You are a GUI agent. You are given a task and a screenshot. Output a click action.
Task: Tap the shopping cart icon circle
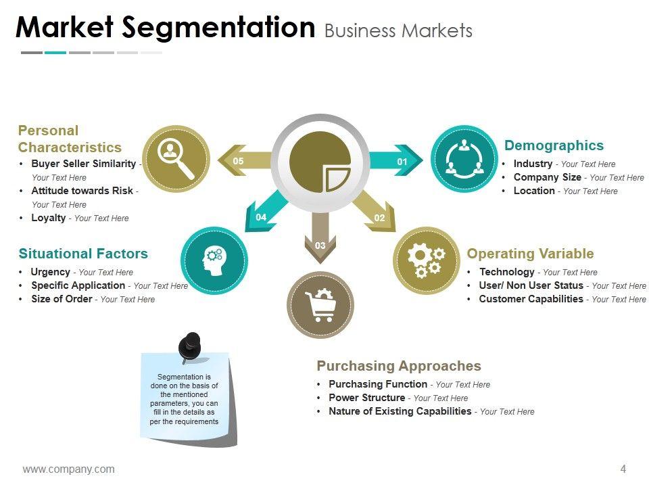click(x=320, y=304)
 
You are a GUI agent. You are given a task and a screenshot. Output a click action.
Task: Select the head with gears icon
click(x=214, y=260)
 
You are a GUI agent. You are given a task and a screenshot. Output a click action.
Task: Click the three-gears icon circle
click(x=427, y=260)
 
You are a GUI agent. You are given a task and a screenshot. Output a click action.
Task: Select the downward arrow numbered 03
click(x=320, y=237)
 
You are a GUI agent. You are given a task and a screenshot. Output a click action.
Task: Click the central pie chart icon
click(x=320, y=162)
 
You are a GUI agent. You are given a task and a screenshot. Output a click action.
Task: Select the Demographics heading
click(x=554, y=145)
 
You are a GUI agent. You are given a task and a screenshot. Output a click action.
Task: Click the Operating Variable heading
click(x=530, y=254)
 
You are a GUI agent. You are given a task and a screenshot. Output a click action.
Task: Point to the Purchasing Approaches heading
click(x=399, y=366)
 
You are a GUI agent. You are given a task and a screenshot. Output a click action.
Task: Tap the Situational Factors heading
click(x=83, y=254)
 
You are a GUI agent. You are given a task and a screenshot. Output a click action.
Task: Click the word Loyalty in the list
click(x=49, y=218)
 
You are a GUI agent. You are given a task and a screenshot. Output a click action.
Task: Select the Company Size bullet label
click(x=547, y=177)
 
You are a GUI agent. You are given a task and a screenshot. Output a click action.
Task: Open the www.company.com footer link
click(x=68, y=469)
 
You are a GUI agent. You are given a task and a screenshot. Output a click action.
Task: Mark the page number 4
click(x=623, y=469)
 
